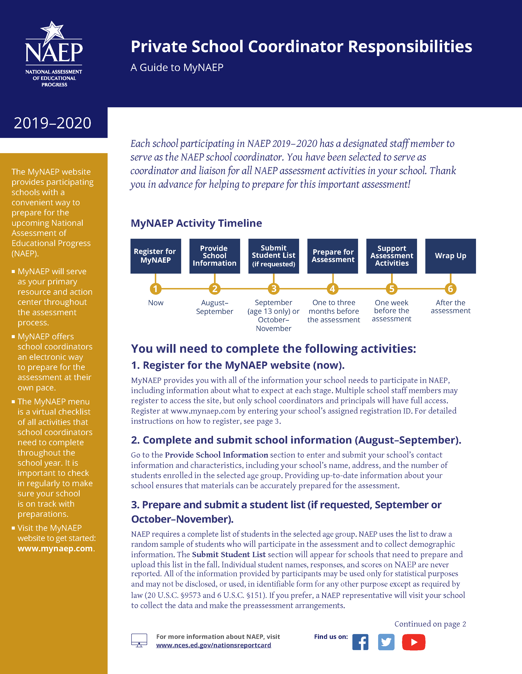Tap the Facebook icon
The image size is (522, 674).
360,642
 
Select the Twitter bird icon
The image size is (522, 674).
386,642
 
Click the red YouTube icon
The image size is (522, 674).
413,642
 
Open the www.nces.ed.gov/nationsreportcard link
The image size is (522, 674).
213,645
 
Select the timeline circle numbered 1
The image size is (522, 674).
155,289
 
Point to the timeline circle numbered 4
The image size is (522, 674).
332,289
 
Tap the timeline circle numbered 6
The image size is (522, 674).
450,289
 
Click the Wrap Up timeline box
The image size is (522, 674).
450,256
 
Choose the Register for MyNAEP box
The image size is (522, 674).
155,256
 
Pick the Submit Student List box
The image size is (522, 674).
274,256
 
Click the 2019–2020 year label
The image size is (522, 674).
52,123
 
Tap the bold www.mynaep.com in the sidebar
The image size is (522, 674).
55,549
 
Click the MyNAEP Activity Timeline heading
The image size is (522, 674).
196,223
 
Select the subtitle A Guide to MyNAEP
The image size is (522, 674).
177,67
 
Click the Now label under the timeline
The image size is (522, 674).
155,303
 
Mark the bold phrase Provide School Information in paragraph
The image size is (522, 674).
216,455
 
